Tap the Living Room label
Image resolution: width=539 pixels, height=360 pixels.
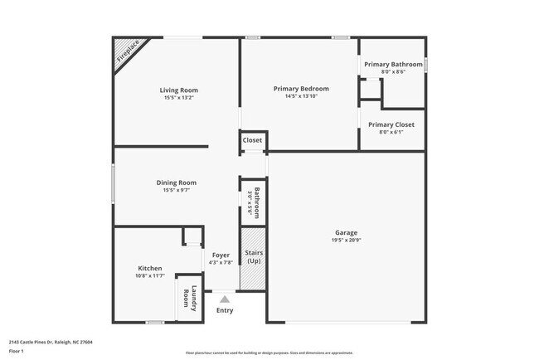pos(178,90)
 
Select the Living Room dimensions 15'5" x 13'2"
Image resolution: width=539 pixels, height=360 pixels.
pos(178,98)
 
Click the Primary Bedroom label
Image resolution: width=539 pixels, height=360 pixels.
pos(301,89)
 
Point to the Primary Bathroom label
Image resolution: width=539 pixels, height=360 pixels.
pos(393,65)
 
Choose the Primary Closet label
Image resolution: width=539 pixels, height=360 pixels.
pos(391,124)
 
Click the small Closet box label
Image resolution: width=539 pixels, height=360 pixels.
pos(252,140)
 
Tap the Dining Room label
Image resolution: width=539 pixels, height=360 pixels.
pos(176,182)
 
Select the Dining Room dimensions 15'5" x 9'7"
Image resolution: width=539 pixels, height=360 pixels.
pos(176,191)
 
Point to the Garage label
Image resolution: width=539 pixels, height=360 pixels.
pos(346,232)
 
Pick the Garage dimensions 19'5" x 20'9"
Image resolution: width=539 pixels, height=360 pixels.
pos(346,241)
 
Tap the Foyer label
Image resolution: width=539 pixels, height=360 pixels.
pos(221,255)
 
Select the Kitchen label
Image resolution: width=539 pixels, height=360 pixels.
pos(150,268)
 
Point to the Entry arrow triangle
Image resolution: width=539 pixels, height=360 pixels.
pos(224,299)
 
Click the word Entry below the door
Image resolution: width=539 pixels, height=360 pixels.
pos(225,310)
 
